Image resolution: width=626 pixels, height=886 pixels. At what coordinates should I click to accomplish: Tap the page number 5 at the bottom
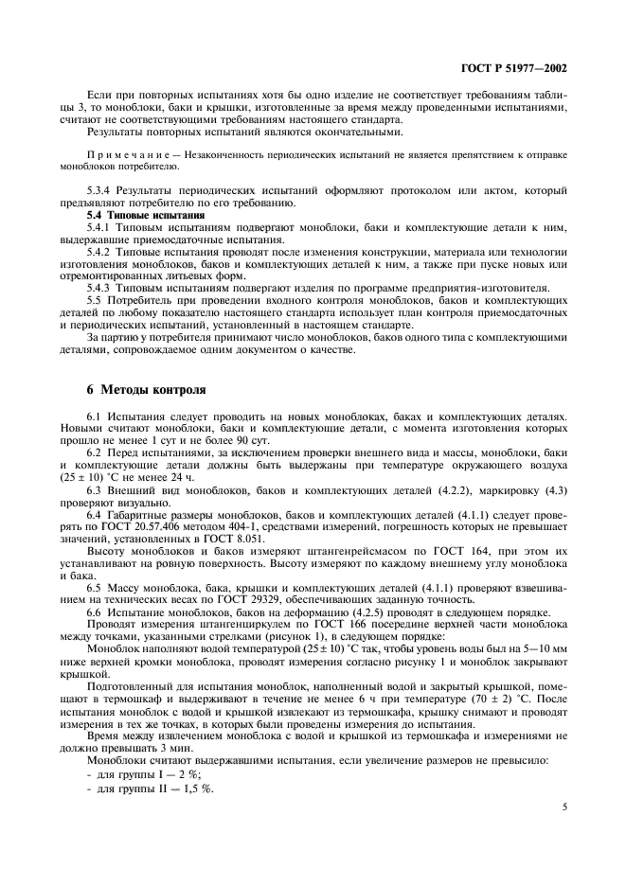click(565, 807)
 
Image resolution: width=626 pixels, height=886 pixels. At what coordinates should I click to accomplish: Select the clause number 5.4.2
click(101, 254)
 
